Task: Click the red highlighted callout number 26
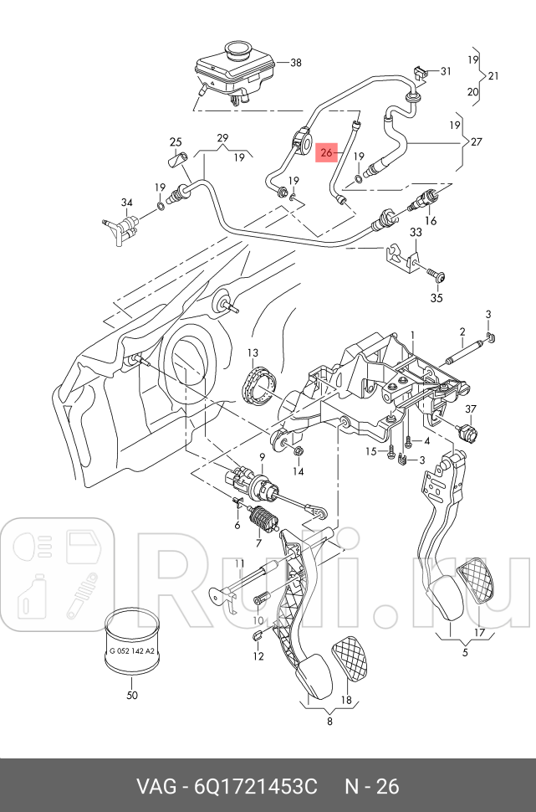[326, 153]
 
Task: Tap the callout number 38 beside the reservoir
[294, 62]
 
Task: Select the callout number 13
[252, 353]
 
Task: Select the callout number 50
[131, 695]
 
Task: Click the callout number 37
[470, 409]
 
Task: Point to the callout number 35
[436, 297]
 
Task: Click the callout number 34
[126, 203]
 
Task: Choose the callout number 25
[176, 141]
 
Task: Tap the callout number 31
[445, 70]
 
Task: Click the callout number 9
[262, 456]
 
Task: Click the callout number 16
[431, 221]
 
